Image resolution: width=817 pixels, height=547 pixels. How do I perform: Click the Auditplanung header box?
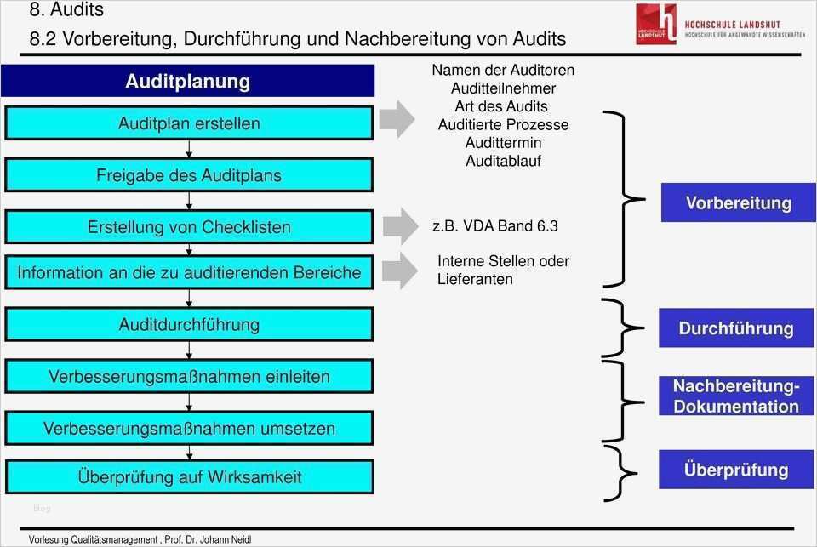pyautogui.click(x=187, y=82)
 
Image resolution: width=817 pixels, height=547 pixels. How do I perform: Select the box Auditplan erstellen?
pyautogui.click(x=189, y=123)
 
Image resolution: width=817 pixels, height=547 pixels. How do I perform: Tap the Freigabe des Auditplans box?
pyautogui.click(x=189, y=175)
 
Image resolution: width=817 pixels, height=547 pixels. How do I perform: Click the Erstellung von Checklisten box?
pyautogui.click(x=189, y=227)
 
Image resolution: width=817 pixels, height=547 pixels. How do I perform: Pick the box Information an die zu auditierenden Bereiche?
pyautogui.click(x=189, y=273)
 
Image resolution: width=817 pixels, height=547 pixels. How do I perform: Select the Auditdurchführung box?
pyautogui.click(x=189, y=324)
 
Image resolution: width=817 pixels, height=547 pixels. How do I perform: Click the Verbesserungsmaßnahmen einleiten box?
pyautogui.click(x=189, y=376)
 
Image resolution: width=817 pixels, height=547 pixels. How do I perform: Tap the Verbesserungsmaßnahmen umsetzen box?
pyautogui.click(x=189, y=429)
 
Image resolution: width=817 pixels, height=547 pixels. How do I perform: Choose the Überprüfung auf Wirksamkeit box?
pyautogui.click(x=189, y=477)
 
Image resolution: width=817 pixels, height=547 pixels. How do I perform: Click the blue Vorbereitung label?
pyautogui.click(x=738, y=203)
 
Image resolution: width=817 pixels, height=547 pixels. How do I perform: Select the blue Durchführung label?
pyautogui.click(x=735, y=328)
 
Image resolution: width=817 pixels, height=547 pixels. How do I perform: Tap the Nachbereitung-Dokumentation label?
pyautogui.click(x=735, y=396)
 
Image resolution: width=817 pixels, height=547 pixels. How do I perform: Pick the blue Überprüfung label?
pyautogui.click(x=735, y=470)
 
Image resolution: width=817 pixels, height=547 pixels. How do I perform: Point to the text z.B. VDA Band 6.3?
pyautogui.click(x=495, y=226)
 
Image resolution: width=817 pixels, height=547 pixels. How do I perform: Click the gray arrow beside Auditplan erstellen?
pyautogui.click(x=396, y=119)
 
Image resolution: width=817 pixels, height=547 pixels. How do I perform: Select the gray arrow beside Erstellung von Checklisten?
pyautogui.click(x=399, y=225)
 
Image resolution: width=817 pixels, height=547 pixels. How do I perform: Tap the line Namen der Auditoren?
pyautogui.click(x=503, y=70)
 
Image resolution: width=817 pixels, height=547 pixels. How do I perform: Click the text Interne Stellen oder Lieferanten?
pyautogui.click(x=503, y=270)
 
